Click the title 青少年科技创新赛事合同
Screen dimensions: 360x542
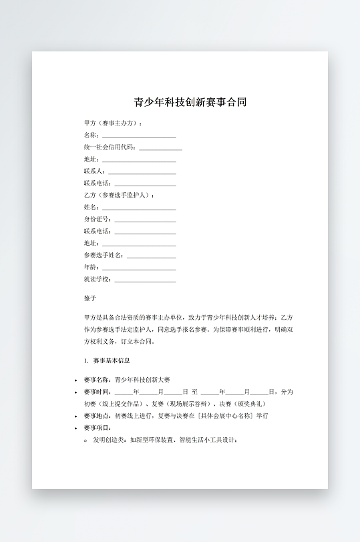click(x=190, y=103)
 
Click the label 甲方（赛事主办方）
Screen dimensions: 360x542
click(x=112, y=123)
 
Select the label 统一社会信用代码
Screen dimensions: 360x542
click(x=109, y=148)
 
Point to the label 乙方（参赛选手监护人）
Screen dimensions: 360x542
click(x=118, y=196)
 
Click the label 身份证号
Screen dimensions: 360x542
click(x=96, y=220)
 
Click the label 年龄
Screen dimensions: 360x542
click(x=90, y=267)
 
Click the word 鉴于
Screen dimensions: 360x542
click(x=90, y=298)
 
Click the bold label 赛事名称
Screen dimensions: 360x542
click(x=97, y=380)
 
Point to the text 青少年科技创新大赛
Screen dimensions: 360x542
click(x=142, y=380)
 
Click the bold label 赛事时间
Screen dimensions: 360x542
click(x=97, y=392)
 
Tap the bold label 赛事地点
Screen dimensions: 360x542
click(x=97, y=416)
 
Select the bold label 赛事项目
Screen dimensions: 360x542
click(x=97, y=428)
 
